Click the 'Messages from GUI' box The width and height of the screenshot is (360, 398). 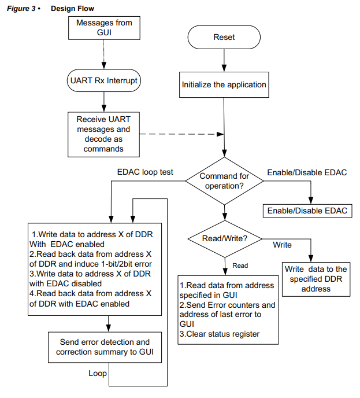[x=104, y=28]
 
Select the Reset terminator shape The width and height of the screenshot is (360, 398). [x=224, y=38]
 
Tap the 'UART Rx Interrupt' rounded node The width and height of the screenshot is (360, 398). [x=104, y=80]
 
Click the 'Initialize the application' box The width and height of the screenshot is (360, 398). [x=224, y=84]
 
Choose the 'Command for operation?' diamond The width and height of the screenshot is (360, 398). [x=224, y=181]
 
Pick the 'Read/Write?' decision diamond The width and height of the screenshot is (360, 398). [x=225, y=238]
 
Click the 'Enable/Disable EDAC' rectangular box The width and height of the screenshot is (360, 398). [x=307, y=211]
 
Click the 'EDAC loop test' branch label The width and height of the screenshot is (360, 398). [x=145, y=172]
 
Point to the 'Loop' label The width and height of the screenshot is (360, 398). [x=98, y=373]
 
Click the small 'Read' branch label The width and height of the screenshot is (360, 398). [x=240, y=266]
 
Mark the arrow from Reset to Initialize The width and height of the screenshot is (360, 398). [x=224, y=60]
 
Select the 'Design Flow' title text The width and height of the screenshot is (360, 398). [x=72, y=9]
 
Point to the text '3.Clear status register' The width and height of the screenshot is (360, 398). [x=220, y=334]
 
